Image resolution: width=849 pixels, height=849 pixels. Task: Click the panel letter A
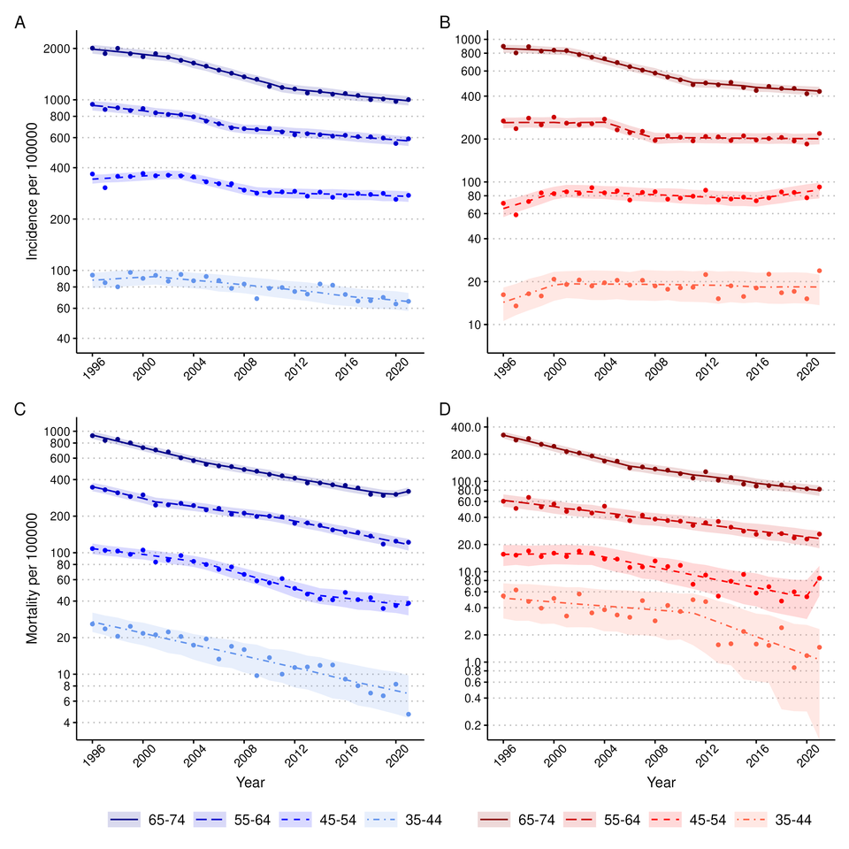coord(19,23)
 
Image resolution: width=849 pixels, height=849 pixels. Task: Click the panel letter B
coord(446,23)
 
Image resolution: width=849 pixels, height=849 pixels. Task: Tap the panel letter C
coord(19,411)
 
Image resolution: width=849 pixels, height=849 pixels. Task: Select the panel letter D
coord(446,411)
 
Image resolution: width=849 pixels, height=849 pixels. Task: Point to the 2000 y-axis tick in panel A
coord(56,48)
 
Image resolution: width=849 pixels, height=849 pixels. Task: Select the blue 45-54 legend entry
coord(317,820)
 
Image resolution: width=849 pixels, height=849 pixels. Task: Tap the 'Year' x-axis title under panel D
coord(661,783)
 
